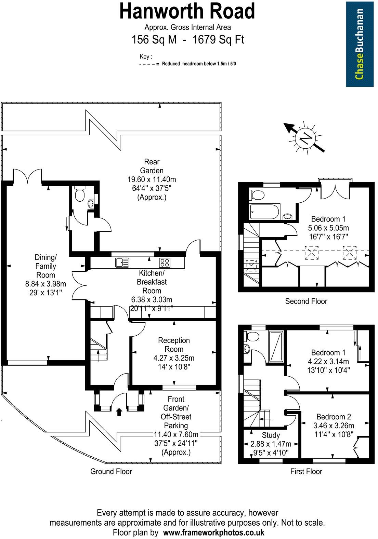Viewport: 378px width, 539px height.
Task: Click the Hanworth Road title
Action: point(187,11)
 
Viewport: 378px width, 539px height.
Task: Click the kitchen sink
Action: point(122,262)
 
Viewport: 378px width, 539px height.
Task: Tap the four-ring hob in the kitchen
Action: point(165,262)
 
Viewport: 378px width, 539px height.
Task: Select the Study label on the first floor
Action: point(271,435)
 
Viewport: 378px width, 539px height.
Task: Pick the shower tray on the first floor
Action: point(276,346)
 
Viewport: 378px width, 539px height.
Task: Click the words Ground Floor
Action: point(111,471)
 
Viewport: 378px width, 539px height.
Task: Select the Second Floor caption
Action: point(306,301)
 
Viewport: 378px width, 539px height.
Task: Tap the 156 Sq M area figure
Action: point(154,40)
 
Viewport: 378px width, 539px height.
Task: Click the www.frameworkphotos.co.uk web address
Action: point(213,532)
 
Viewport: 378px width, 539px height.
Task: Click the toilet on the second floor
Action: point(257,194)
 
